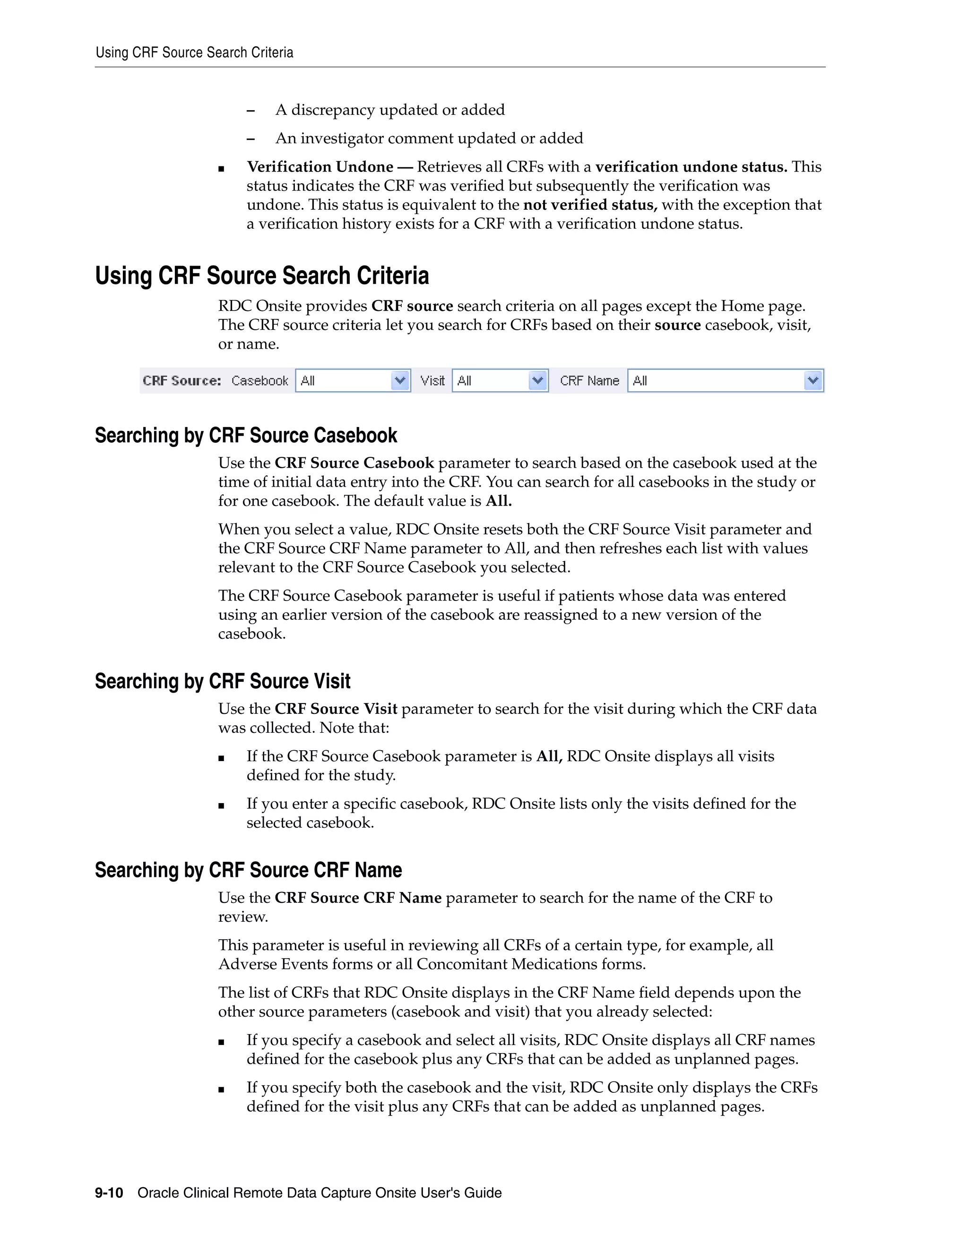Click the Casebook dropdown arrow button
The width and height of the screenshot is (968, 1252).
tap(400, 381)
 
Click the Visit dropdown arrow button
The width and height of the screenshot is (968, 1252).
tap(537, 381)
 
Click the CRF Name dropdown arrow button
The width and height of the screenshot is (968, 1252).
tap(812, 381)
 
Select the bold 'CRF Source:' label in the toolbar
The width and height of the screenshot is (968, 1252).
tap(182, 381)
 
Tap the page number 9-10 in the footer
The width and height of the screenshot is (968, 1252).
tap(109, 1193)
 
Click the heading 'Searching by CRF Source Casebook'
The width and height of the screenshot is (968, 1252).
tap(245, 436)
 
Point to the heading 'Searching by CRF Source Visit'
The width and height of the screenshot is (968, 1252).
tap(223, 681)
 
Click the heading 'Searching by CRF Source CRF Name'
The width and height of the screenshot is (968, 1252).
tap(248, 870)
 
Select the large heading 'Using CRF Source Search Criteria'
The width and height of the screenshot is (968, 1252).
tap(261, 276)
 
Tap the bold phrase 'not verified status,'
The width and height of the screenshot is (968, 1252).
tap(590, 205)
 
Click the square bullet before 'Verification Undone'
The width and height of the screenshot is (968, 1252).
tap(221, 169)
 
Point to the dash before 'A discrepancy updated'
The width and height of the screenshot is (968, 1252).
tap(250, 110)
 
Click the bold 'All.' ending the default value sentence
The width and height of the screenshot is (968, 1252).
tap(498, 501)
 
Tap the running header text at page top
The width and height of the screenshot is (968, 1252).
tap(194, 53)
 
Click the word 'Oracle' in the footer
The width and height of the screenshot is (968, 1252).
tap(158, 1193)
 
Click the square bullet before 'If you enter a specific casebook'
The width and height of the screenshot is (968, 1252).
tap(221, 806)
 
